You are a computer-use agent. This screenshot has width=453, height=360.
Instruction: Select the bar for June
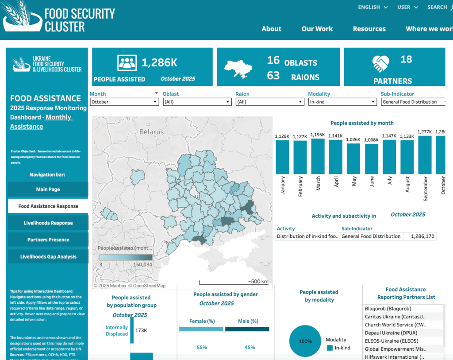pos(372,159)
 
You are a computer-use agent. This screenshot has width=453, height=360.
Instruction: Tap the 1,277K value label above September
pos(425,132)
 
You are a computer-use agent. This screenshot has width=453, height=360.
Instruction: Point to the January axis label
pos(283,185)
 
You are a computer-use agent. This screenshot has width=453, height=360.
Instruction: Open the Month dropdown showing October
pos(124,102)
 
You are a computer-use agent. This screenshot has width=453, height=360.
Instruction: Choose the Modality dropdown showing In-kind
pos(342,102)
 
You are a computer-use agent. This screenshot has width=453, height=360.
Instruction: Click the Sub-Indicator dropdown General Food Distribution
pos(413,102)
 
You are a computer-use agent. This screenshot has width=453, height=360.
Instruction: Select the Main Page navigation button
pos(48,190)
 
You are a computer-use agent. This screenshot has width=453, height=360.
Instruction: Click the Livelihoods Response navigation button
pos(48,223)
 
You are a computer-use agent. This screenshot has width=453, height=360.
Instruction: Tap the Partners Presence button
pos(48,240)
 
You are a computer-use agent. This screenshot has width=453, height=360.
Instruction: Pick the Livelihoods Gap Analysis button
pos(48,256)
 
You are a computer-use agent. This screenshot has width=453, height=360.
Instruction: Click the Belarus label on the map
pos(151,132)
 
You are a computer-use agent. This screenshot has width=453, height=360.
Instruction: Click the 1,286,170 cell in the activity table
pos(420,236)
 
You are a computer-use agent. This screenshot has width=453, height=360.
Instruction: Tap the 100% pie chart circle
pos(305,341)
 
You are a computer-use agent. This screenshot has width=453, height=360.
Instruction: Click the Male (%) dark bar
pos(247,329)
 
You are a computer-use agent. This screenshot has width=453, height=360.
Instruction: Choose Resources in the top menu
pos(369,29)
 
